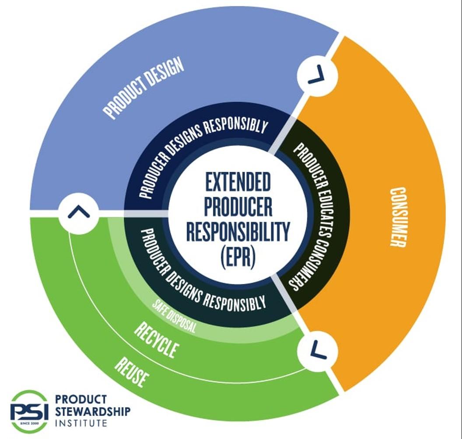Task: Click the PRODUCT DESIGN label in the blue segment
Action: pyautogui.click(x=143, y=88)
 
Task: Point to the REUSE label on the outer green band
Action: pyautogui.click(x=132, y=372)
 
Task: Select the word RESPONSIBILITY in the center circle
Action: pyautogui.click(x=238, y=231)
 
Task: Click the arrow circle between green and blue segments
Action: pyautogui.click(x=79, y=213)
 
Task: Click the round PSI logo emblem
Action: pyautogui.click(x=29, y=411)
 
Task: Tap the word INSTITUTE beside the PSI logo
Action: pyautogui.click(x=81, y=423)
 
